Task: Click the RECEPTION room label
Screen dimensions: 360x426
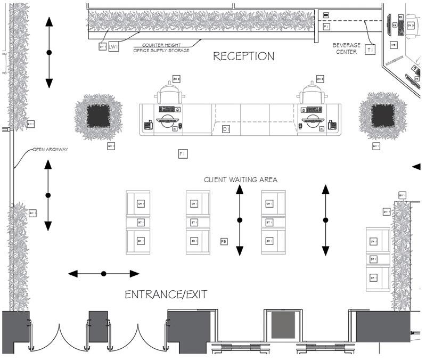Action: tap(244, 56)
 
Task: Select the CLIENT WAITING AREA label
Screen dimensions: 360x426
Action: tap(241, 179)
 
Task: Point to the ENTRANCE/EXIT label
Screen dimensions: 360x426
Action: tap(166, 294)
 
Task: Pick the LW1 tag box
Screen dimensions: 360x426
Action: tap(113, 47)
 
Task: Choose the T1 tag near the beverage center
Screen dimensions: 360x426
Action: tap(371, 50)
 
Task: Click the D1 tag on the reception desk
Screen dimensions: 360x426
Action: tap(226, 129)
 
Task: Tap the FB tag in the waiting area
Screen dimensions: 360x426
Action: tap(224, 242)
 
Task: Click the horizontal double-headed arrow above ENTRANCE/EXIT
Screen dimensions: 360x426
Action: tap(104, 274)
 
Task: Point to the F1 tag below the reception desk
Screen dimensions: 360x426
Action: tap(182, 154)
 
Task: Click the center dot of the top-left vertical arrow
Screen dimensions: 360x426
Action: tap(49, 52)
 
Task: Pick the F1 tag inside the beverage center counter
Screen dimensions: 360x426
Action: tap(326, 26)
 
